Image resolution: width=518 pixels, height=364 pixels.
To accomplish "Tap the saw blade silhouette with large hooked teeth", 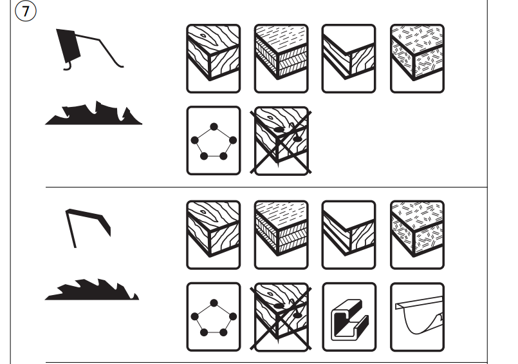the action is coord(93,113).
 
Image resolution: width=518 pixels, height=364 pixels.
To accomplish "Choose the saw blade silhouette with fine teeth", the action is coord(92,290).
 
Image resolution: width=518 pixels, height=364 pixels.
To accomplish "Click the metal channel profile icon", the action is coord(349,317).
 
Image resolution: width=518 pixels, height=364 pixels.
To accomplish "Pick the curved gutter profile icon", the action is coord(417,317).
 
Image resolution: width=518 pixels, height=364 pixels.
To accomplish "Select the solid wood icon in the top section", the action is coord(214,59).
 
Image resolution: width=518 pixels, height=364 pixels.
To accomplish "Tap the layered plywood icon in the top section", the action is coord(281,59).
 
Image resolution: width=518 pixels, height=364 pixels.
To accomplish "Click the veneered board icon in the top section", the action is coord(349,59).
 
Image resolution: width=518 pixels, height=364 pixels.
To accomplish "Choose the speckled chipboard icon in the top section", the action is coord(417,59).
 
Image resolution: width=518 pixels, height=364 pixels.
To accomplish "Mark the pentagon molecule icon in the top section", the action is coord(214,140).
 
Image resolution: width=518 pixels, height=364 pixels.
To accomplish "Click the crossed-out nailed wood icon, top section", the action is coord(281,141).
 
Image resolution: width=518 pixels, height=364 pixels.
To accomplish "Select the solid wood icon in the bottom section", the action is coord(214,235).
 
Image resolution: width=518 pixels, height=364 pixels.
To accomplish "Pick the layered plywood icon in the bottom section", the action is coord(281,235).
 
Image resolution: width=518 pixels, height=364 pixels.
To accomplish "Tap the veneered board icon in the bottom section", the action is coord(349,235).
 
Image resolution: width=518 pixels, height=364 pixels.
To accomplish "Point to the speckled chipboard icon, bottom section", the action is coord(417,235).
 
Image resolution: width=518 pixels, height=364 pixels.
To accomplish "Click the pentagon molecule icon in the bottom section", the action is coord(214,317).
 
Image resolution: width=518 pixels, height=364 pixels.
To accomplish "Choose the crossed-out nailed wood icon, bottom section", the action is coord(281,318).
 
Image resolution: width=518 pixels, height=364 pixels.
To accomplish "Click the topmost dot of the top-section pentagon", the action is coord(214,127).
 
